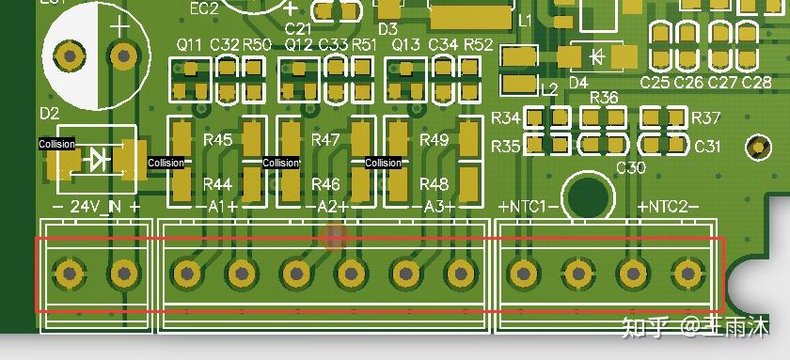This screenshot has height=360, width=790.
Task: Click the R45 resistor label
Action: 217,139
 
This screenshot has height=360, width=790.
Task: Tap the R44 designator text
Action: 217,183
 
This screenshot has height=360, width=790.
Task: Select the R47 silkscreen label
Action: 325,139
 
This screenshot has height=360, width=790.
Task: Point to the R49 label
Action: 434,139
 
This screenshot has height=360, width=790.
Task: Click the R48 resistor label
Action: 434,183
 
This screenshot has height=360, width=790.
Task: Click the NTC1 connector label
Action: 529,206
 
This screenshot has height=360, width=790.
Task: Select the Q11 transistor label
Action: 189,44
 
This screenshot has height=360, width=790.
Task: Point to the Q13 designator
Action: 406,44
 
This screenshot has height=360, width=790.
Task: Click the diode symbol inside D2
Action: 96,160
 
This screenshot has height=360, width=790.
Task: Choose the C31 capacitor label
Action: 707,147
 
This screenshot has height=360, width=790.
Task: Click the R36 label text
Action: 604,98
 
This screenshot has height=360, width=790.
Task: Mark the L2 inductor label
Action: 549,89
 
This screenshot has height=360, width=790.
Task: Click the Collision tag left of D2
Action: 56,144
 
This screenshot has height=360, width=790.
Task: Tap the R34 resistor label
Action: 506,118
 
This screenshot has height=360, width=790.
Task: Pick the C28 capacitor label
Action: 757,83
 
